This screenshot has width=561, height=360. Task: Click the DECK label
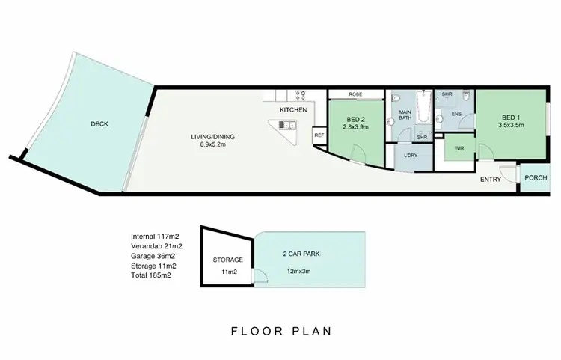tap(99, 124)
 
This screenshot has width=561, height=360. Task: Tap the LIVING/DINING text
tap(212, 136)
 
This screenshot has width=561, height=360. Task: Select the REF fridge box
tap(319, 135)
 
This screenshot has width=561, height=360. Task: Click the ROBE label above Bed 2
tap(355, 95)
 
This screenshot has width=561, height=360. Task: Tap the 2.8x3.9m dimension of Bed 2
tap(356, 128)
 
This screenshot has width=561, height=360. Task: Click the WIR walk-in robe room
tap(459, 149)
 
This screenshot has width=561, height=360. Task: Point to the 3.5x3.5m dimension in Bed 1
tap(510, 126)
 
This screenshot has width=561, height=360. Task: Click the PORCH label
tap(535, 178)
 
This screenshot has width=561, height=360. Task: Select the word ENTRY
tap(491, 179)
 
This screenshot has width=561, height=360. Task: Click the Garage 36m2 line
tap(156, 255)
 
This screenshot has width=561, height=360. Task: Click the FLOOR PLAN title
tap(280, 330)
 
